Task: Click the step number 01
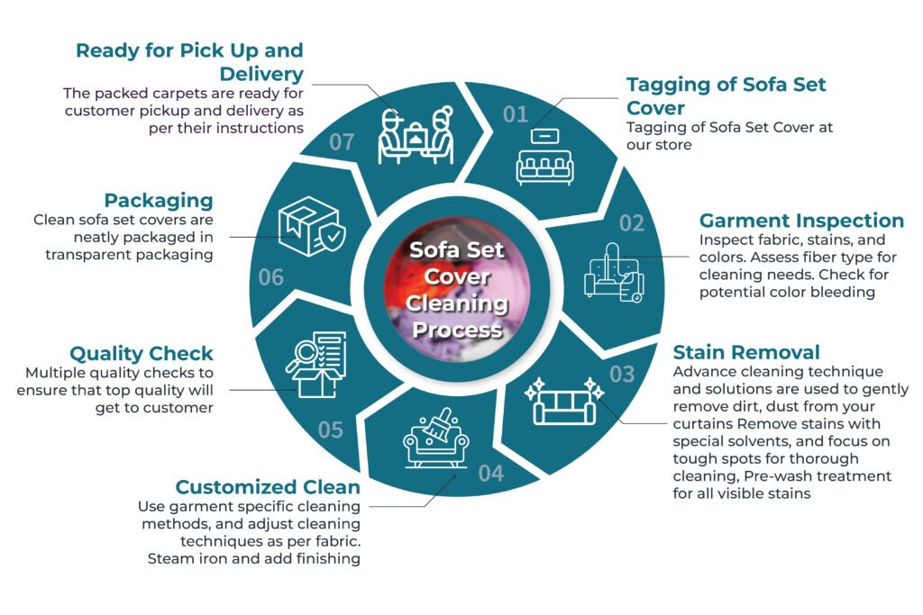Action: [515, 114]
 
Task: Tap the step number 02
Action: [632, 223]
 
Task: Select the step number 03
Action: [622, 375]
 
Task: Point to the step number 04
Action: [491, 474]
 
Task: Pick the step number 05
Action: [330, 430]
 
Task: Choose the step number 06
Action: [270, 277]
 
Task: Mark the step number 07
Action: [342, 141]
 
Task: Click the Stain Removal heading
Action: [745, 352]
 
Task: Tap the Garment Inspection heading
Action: [801, 221]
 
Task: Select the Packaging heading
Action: [159, 201]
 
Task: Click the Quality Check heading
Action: [142, 353]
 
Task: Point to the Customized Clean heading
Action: [267, 487]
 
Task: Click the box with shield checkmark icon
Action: [312, 226]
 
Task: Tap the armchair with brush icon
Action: [436, 438]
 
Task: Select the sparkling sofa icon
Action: [564, 401]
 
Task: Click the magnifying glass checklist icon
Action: [315, 365]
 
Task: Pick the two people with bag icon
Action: [416, 136]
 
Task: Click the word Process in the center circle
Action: [457, 330]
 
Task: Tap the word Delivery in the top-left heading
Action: [261, 75]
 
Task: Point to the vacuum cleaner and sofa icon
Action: [614, 274]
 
